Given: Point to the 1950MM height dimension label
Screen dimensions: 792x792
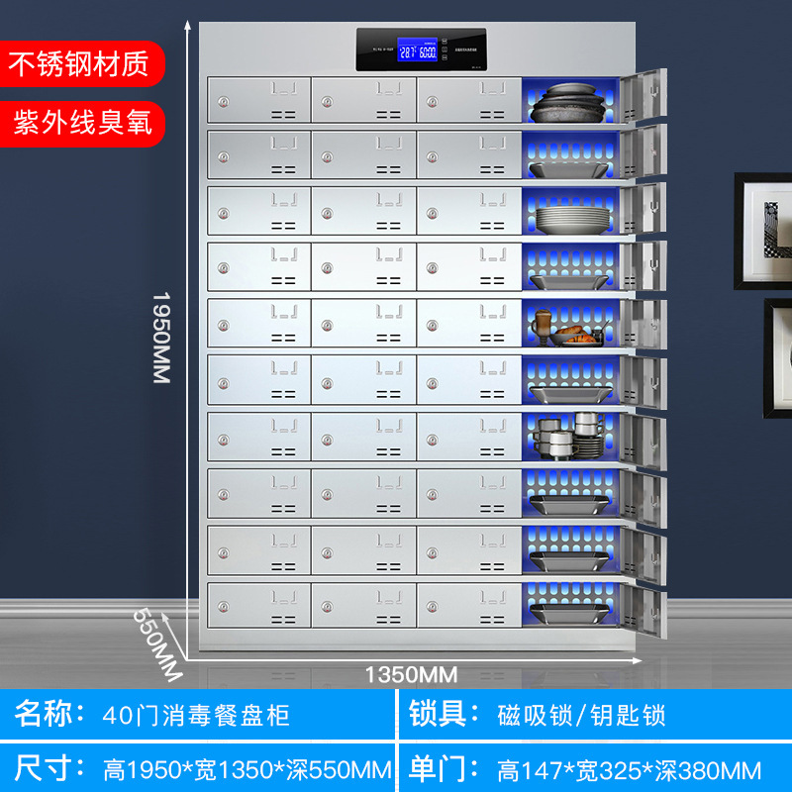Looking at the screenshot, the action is (161, 338).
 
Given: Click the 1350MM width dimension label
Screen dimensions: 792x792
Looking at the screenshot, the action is (411, 675).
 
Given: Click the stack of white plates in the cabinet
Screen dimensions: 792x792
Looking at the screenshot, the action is (568, 216).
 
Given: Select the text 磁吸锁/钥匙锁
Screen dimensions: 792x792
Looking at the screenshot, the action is (581, 714).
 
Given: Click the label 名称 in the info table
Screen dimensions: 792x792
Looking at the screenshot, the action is (45, 714).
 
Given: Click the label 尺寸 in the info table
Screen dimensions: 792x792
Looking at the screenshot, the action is (45, 768).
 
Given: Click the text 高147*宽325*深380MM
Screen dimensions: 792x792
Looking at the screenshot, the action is (629, 769).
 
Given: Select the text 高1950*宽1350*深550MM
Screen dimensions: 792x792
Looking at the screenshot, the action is (247, 769).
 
